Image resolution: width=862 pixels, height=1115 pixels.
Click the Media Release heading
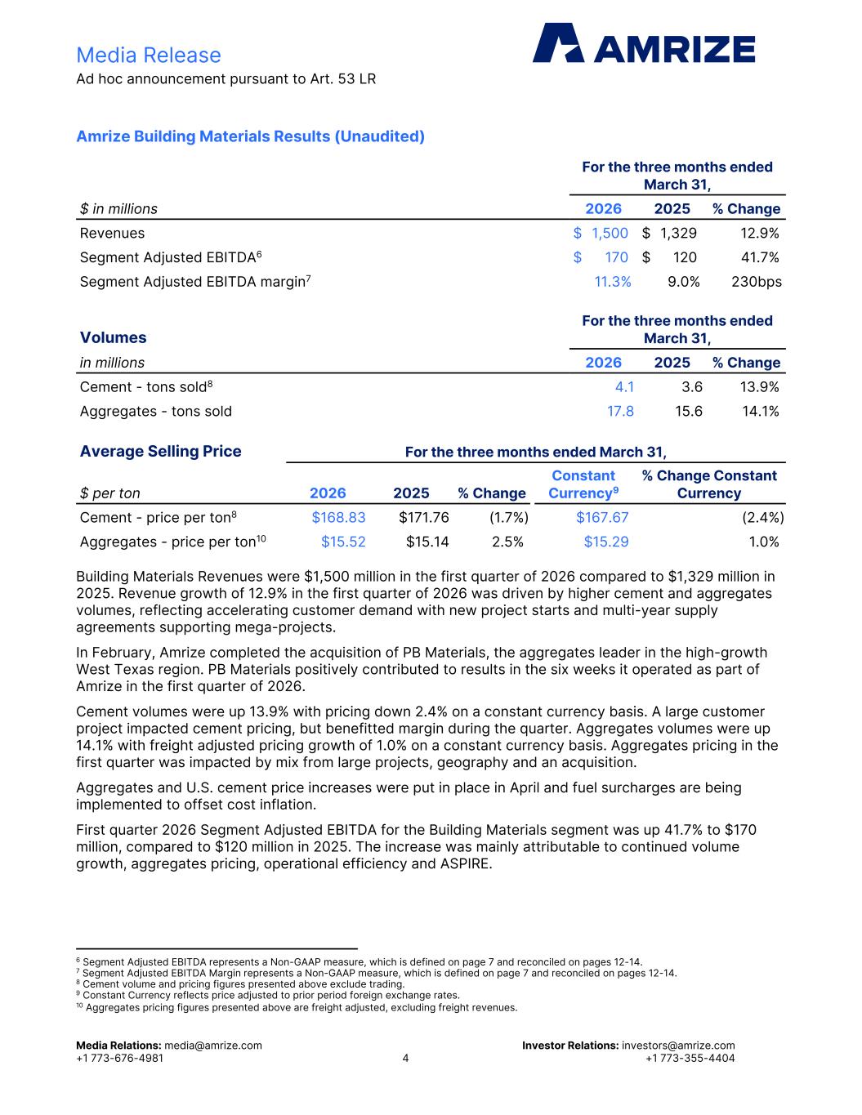point(148,55)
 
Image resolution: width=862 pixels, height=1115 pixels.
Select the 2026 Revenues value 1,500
point(610,233)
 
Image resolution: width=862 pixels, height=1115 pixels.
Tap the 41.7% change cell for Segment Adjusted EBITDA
point(759,257)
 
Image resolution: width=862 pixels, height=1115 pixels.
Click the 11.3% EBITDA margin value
point(612,282)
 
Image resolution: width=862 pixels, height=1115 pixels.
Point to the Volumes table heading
point(113,337)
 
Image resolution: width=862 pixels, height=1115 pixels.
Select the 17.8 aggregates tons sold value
point(620,411)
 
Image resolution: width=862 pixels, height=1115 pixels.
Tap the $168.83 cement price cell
point(338,517)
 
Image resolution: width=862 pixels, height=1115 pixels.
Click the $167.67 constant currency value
point(602,517)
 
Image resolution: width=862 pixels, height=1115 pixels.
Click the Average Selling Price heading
point(160,452)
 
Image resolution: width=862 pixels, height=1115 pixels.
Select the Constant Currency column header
point(583,484)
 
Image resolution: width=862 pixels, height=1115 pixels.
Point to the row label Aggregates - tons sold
point(155,411)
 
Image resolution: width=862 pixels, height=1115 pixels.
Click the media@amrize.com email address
point(213,1046)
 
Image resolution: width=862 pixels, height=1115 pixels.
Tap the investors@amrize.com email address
point(678,1046)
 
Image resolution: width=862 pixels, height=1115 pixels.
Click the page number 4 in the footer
point(405,1059)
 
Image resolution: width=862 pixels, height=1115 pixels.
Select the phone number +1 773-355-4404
point(690,1059)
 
